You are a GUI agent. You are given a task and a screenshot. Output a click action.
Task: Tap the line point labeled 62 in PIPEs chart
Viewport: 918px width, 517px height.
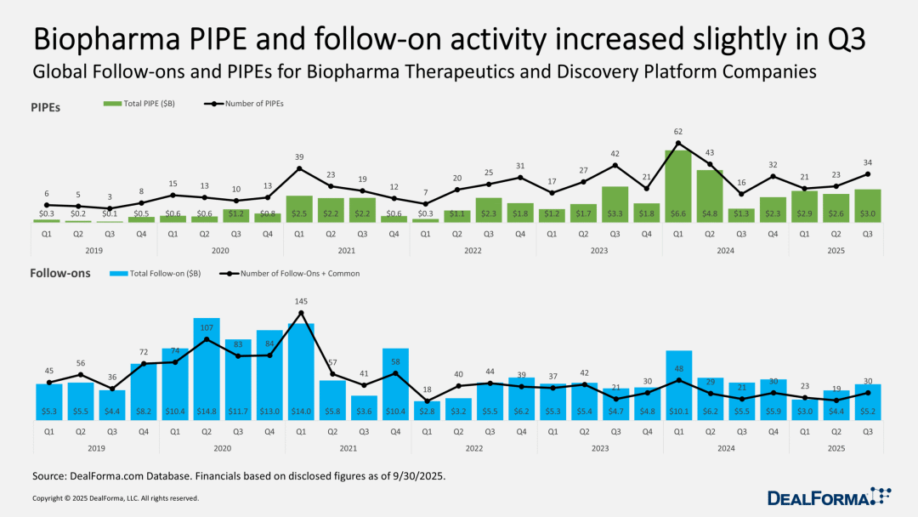pyautogui.click(x=677, y=143)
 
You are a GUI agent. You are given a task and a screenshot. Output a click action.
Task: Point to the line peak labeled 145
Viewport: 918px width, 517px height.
pyautogui.click(x=301, y=313)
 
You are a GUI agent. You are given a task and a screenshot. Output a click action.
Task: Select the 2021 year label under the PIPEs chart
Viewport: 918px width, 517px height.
pyautogui.click(x=346, y=251)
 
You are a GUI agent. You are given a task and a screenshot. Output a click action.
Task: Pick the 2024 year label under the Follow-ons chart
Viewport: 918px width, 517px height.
pyautogui.click(x=724, y=446)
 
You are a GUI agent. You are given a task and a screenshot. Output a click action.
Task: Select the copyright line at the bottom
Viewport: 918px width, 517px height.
pyautogui.click(x=116, y=498)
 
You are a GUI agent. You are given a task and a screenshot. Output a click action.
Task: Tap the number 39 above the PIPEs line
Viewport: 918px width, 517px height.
pyautogui.click(x=300, y=156)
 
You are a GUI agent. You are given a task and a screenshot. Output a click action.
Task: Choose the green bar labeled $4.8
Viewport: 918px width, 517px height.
pyautogui.click(x=709, y=196)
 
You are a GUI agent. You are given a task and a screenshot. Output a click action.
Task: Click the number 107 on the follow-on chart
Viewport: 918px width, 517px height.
pyautogui.click(x=207, y=328)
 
